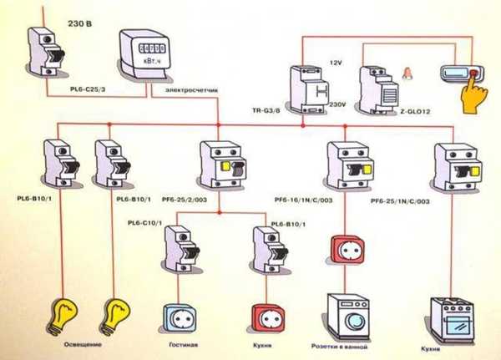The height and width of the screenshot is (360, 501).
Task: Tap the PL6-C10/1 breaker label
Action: tap(147, 224)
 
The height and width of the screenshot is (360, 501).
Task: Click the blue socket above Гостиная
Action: tap(180, 318)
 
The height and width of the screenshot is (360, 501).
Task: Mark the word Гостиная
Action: tap(182, 345)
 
